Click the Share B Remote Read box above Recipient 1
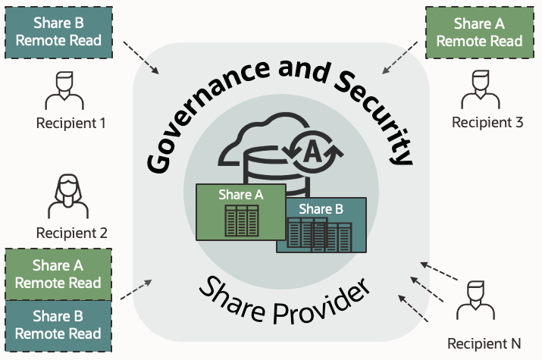pos(58,32)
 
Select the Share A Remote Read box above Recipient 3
pos(479,32)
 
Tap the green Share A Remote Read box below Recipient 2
pos(58,274)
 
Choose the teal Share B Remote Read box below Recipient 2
pos(58,324)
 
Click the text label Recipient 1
pos(71,122)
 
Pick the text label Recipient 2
pos(71,233)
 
